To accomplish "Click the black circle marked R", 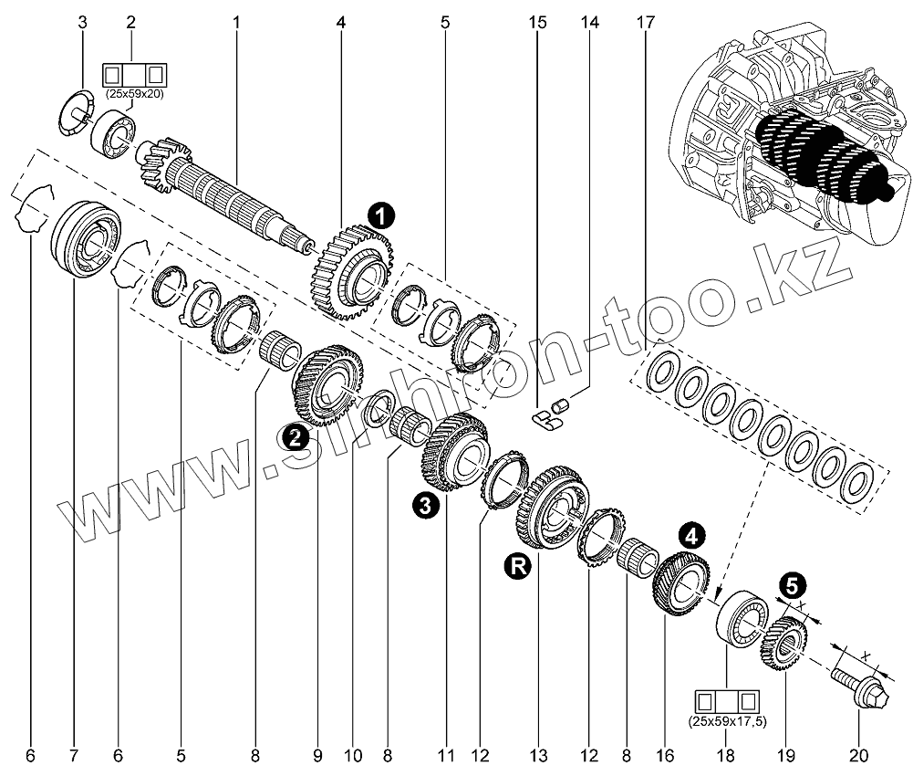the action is coord(516,566).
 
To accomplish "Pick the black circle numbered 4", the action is coord(690,534).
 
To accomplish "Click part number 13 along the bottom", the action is coord(538,755).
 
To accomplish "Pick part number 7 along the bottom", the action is coord(73,755).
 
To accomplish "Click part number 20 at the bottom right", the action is coord(858,755).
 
